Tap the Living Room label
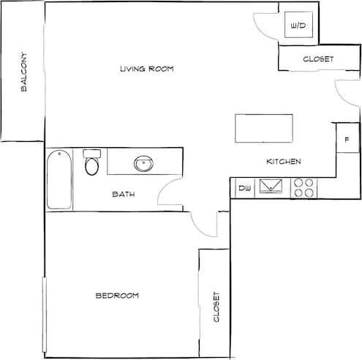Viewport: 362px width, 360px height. tap(151, 69)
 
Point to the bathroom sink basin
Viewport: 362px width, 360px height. tap(143, 163)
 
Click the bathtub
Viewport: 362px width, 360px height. tap(59, 179)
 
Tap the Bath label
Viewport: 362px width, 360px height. tap(123, 195)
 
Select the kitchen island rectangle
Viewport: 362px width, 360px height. tap(263, 129)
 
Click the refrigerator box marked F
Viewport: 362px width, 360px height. tap(347, 138)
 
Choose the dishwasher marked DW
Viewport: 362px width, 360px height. tap(244, 189)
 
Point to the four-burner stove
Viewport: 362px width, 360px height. tap(304, 188)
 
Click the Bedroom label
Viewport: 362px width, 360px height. tap(117, 296)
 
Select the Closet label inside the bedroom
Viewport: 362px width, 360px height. tap(216, 308)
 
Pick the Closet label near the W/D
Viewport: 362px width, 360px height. tap(318, 59)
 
